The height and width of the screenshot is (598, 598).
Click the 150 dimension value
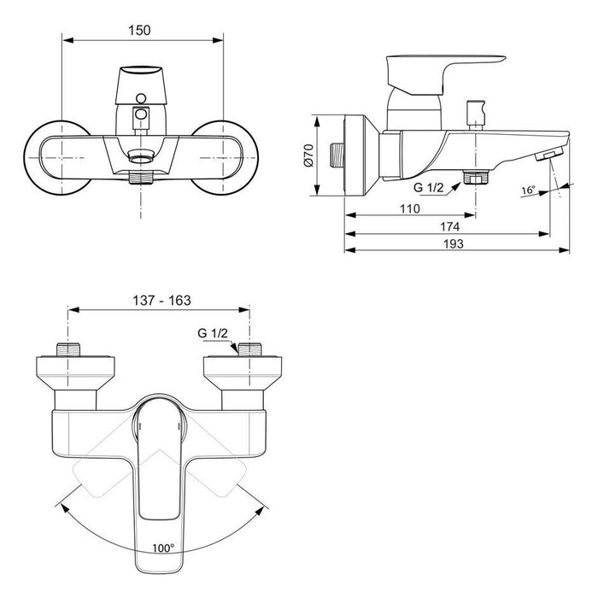pos(138,30)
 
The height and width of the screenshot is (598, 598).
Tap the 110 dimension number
pos(410,208)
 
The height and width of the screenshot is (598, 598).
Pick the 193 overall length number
pos(454,244)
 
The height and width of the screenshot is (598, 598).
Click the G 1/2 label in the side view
pos(429,186)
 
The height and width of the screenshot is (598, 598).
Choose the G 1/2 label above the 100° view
pos(214,334)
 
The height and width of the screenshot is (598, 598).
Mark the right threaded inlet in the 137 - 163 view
pos(250,349)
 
